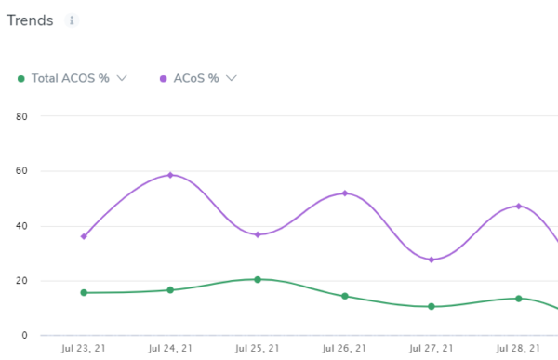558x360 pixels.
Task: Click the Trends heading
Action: tap(30, 21)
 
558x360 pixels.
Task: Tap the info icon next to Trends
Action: tap(72, 20)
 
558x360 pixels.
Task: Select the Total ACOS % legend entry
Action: tap(70, 78)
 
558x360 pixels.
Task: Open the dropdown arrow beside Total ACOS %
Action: tap(122, 78)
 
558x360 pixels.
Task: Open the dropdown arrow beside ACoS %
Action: tap(232, 78)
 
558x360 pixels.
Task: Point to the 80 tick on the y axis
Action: tap(23, 116)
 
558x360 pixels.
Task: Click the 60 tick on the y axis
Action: tap(23, 171)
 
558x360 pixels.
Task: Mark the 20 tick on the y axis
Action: tap(23, 281)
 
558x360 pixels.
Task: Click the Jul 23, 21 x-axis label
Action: tap(84, 349)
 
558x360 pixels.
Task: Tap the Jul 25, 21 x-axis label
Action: tap(258, 349)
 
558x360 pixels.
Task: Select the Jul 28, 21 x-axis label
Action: tap(518, 349)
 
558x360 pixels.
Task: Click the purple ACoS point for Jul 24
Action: tap(170, 175)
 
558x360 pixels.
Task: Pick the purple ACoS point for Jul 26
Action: tap(345, 193)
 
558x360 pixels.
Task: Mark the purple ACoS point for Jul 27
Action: tap(432, 260)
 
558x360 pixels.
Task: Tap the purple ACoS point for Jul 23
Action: tap(84, 236)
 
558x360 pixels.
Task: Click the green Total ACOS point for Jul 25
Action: tap(258, 279)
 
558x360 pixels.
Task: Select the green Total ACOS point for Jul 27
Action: tap(432, 306)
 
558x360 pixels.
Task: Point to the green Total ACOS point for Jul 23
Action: tap(84, 292)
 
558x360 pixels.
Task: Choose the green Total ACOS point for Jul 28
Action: tap(518, 299)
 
